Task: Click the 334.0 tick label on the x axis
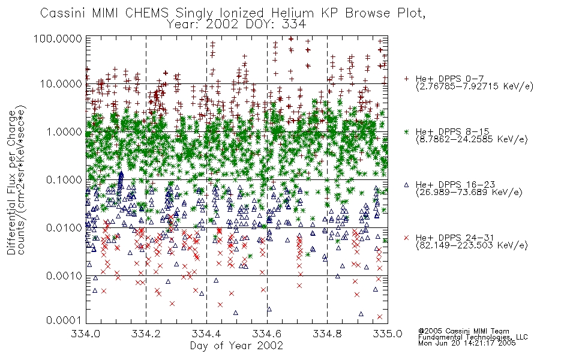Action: click(85, 334)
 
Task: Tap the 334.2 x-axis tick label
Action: click(146, 334)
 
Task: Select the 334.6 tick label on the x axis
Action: click(267, 334)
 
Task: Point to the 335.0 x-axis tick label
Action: click(388, 334)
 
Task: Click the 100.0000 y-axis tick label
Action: click(58, 38)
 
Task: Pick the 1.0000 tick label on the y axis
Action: click(64, 131)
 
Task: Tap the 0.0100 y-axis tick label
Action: click(64, 228)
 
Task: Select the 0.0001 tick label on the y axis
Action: click(64, 320)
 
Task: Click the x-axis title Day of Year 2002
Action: click(236, 346)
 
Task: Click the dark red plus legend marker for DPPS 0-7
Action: click(406, 79)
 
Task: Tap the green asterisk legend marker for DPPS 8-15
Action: click(406, 131)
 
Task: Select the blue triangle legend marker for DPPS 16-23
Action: click(406, 185)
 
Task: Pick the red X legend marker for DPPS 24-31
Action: click(406, 238)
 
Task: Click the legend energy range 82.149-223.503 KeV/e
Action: click(472, 245)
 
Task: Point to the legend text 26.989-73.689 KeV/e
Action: click(469, 193)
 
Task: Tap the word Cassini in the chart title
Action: click(62, 13)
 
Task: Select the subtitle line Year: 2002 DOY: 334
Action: click(236, 25)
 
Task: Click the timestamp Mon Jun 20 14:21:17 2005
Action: click(467, 343)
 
